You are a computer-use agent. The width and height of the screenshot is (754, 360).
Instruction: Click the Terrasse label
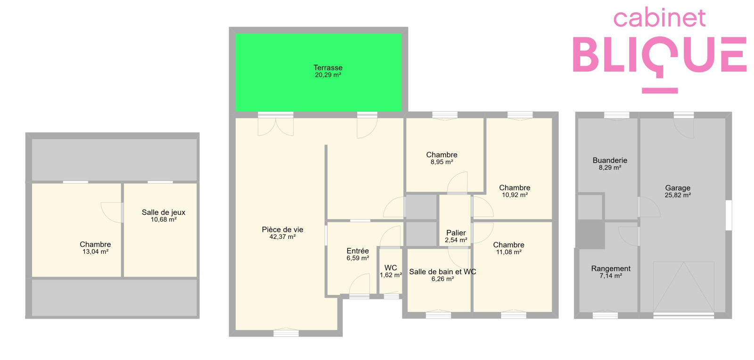click(328, 68)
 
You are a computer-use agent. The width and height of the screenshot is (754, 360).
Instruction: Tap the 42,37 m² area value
click(282, 237)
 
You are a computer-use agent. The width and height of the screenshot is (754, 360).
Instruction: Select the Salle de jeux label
click(163, 213)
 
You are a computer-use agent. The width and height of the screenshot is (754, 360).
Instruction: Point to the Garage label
click(678, 188)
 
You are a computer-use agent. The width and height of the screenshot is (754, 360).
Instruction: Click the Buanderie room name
click(610, 160)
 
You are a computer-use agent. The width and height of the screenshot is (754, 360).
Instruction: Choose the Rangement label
click(611, 269)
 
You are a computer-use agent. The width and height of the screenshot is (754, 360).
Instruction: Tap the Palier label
click(456, 233)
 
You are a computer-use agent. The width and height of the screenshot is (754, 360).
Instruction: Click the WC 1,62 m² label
click(391, 271)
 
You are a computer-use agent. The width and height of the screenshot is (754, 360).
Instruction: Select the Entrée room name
click(358, 251)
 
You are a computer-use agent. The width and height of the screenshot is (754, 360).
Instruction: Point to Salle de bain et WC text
click(443, 272)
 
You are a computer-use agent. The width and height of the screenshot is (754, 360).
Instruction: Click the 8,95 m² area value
click(442, 162)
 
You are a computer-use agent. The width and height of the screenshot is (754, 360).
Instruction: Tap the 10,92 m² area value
click(515, 195)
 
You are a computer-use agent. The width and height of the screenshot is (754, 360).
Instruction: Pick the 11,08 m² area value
click(508, 253)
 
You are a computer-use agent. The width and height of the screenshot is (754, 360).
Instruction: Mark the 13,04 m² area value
click(95, 252)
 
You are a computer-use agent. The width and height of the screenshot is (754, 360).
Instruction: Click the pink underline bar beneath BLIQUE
click(660, 90)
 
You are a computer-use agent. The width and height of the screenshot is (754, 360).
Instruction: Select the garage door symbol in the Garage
click(684, 287)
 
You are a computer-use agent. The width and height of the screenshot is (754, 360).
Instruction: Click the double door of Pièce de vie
click(276, 124)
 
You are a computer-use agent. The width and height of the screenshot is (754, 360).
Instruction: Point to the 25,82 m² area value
click(678, 195)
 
